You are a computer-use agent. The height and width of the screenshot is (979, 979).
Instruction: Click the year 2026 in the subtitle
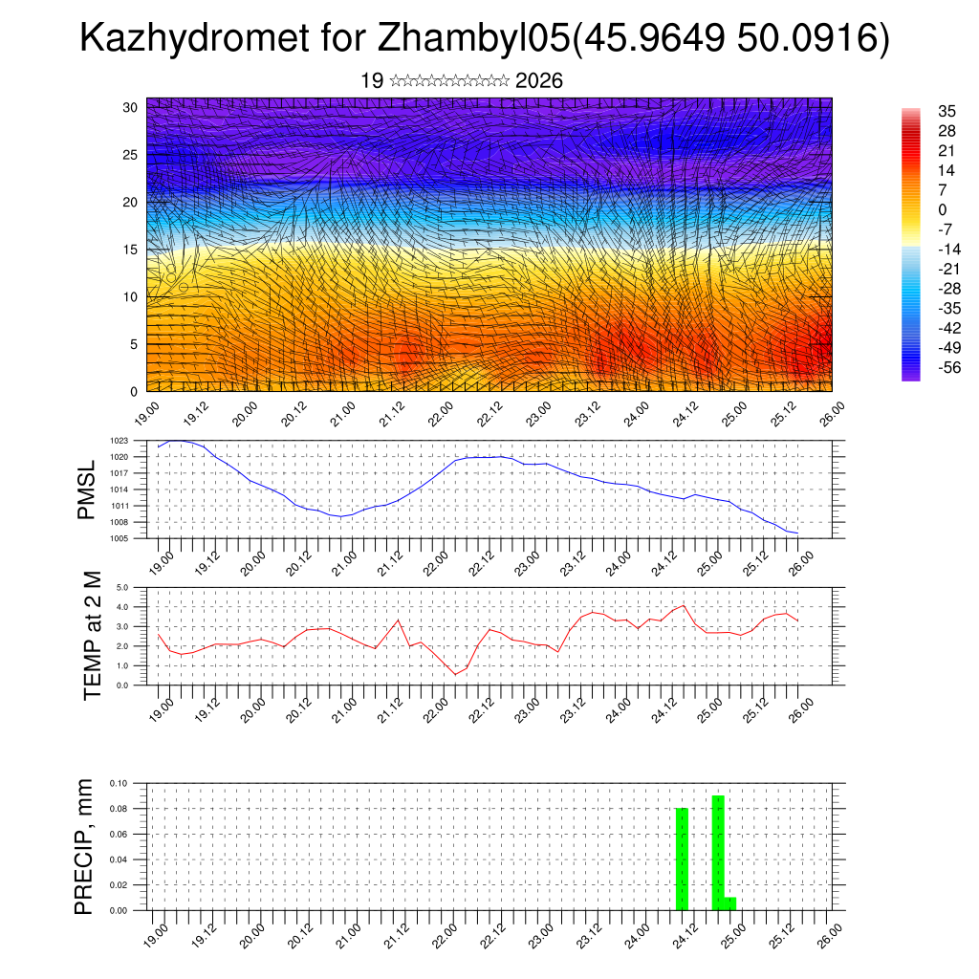click(x=539, y=81)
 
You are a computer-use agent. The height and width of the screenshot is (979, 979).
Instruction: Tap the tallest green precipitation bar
click(x=718, y=852)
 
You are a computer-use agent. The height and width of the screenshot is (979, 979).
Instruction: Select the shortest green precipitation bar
click(x=730, y=903)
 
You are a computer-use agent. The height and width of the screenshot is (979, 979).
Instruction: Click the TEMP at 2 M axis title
click(x=92, y=636)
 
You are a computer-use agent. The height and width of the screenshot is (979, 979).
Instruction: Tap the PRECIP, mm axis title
click(x=85, y=847)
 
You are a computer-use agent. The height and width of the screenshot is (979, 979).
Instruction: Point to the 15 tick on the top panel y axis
click(x=130, y=250)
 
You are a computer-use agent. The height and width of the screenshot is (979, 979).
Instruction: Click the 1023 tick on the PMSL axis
click(x=120, y=441)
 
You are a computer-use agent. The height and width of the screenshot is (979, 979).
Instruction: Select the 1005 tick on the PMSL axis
click(x=120, y=539)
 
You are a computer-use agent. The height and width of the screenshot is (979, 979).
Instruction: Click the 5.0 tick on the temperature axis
click(x=122, y=587)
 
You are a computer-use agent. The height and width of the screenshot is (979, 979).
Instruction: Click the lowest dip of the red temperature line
click(x=455, y=674)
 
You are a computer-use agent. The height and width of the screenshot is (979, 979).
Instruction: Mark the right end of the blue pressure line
click(x=797, y=533)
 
